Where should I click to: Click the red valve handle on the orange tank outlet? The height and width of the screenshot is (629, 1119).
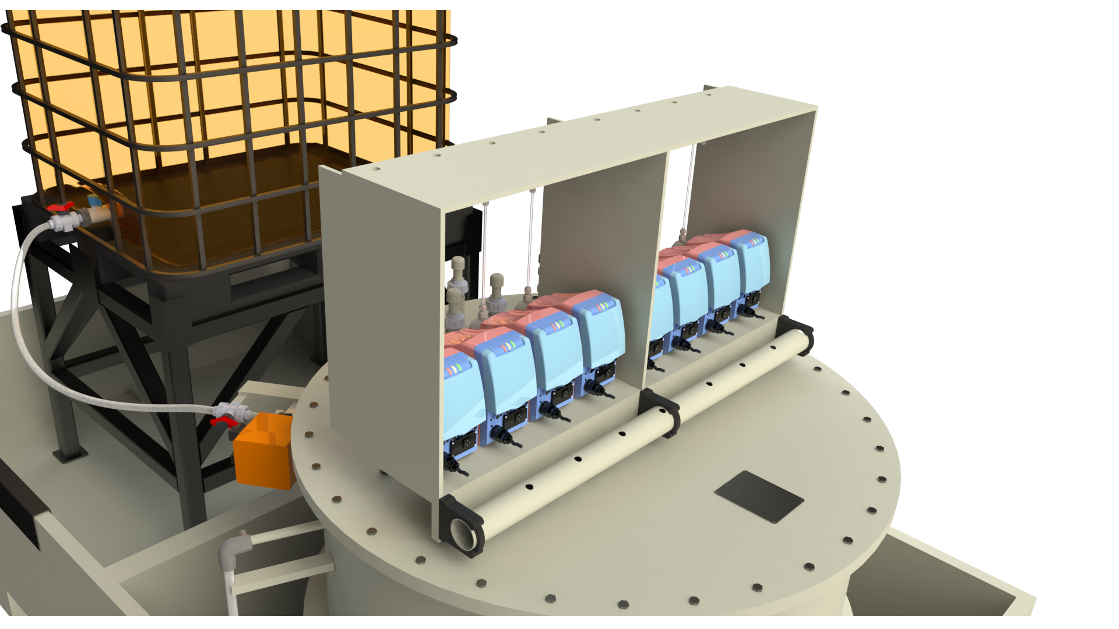click(x=60, y=207)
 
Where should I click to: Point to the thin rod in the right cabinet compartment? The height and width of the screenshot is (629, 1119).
click(x=691, y=186)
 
